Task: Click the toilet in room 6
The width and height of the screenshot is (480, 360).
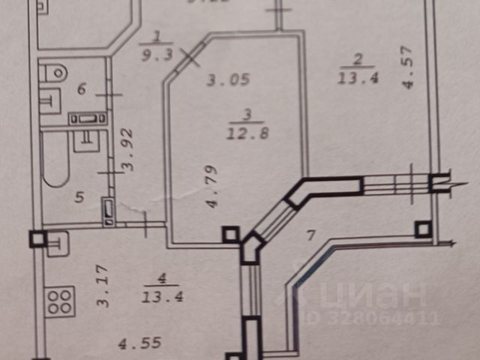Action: (x=55, y=73)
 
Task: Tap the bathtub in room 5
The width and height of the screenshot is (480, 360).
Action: (x=55, y=159)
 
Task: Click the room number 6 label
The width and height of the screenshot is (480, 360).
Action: (x=82, y=90)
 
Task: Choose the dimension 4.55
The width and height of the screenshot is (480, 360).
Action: (x=136, y=345)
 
